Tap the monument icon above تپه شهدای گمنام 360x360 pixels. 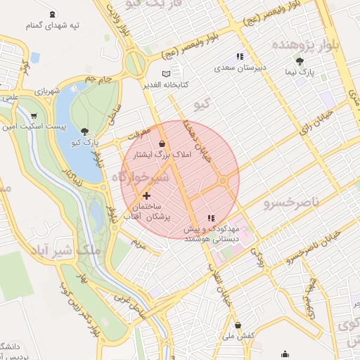click(53, 14)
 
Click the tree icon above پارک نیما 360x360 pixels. click(309, 61)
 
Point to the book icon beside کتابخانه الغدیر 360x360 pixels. click(166, 74)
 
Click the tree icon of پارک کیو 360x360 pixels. click(84, 131)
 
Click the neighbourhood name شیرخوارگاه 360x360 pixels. click(141, 176)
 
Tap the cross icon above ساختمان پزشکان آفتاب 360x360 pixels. click(146, 195)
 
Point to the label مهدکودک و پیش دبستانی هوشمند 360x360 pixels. click(212, 234)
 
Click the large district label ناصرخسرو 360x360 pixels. click(291, 203)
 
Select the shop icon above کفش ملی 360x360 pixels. click(238, 326)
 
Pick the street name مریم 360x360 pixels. click(139, 245)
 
